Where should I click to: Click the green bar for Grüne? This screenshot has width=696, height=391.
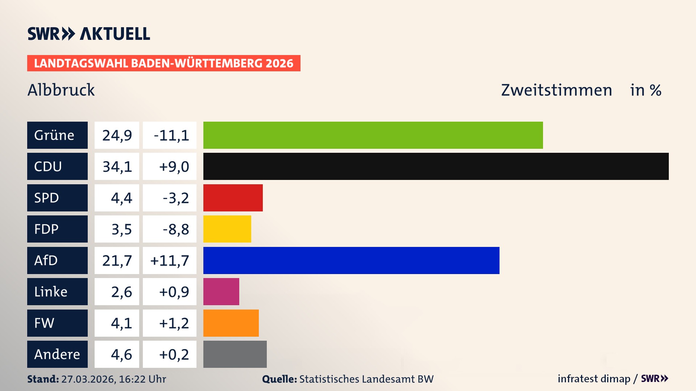click(x=373, y=135)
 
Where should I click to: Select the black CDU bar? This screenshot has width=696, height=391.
click(x=436, y=166)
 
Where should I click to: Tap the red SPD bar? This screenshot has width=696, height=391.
click(x=233, y=198)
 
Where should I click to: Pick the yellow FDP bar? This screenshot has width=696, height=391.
click(x=227, y=229)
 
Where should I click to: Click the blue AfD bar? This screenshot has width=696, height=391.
click(x=351, y=260)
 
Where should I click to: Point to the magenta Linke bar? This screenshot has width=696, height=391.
click(x=221, y=291)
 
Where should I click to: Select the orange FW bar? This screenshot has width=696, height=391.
click(x=231, y=323)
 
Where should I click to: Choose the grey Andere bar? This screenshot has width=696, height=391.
click(x=235, y=354)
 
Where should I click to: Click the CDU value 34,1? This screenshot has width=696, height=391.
click(x=117, y=167)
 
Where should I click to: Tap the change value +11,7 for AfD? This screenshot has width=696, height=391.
click(x=170, y=261)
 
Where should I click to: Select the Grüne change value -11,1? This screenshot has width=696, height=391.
click(x=171, y=135)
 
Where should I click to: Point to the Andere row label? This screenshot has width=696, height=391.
click(x=57, y=354)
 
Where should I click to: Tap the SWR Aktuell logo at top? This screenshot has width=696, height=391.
click(x=89, y=34)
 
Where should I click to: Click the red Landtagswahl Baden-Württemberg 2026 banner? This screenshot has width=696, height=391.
click(x=163, y=63)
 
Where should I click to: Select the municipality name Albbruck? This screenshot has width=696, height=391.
click(x=61, y=90)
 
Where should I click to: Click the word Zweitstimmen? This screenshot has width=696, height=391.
click(x=556, y=90)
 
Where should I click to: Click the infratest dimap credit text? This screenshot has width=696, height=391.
click(x=594, y=379)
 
